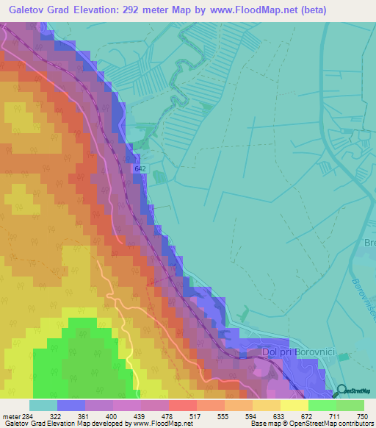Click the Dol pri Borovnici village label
pyautogui.click(x=299, y=354)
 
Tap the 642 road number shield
pyautogui.click(x=140, y=169)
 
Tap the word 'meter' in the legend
pyautogui.click(x=12, y=415)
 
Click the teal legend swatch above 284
pyautogui.click(x=43, y=405)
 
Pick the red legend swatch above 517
pyautogui.click(x=183, y=405)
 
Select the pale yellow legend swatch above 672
pyautogui.click(x=294, y=405)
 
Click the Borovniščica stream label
pyautogui.click(x=364, y=302)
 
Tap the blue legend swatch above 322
pyautogui.click(x=71, y=405)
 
